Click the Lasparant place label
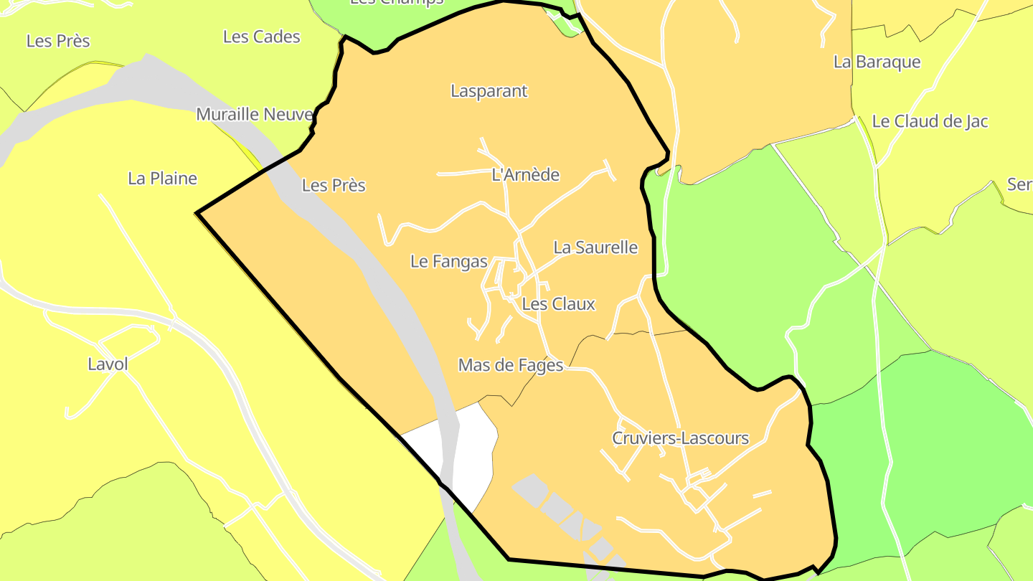click(489, 91)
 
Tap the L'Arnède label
click(525, 175)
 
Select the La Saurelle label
click(595, 247)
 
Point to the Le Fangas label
click(449, 262)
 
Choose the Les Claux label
click(558, 304)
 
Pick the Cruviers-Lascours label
click(680, 438)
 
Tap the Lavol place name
click(108, 364)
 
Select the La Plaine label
click(162, 179)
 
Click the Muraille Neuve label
click(255, 115)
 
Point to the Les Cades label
click(261, 37)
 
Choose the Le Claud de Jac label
click(930, 122)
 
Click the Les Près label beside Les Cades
click(58, 41)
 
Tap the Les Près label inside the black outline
click(334, 186)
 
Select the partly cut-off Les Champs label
click(396, 3)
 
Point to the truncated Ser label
click(1019, 184)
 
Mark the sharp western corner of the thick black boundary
click(198, 212)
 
